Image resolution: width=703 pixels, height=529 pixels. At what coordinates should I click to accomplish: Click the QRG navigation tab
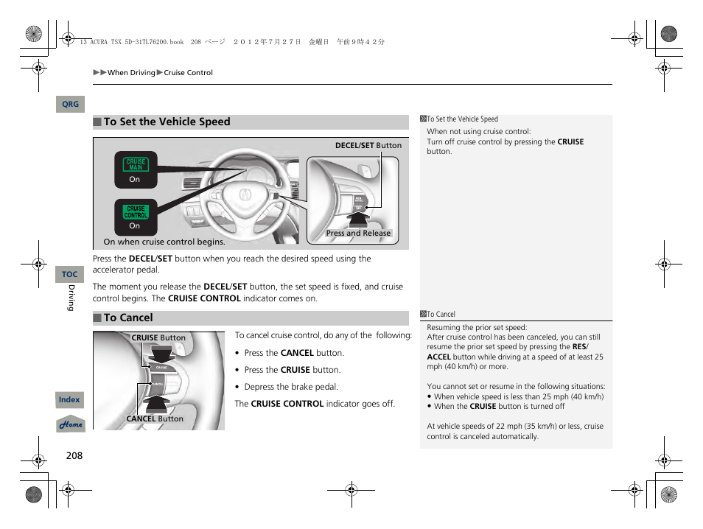(x=70, y=105)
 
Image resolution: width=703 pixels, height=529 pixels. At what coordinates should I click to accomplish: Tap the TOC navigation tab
(x=69, y=274)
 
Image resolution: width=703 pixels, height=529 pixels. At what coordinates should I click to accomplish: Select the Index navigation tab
(x=69, y=400)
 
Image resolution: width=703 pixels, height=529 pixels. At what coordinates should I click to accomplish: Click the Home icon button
(x=71, y=424)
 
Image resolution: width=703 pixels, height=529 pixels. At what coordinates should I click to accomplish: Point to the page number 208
(x=74, y=455)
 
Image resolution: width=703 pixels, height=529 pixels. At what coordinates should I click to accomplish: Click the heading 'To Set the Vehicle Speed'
(x=167, y=122)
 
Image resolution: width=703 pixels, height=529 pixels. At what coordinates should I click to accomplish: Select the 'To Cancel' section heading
(x=128, y=318)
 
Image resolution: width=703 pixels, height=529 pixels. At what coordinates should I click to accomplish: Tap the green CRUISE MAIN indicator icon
(x=136, y=164)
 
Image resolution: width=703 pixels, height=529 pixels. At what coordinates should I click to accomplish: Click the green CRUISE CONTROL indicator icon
(x=136, y=212)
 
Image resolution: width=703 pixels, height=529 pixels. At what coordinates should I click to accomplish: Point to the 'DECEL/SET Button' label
(x=368, y=145)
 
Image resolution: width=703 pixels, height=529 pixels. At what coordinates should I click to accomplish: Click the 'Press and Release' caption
(x=358, y=234)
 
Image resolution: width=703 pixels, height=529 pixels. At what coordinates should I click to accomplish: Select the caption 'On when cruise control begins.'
(x=164, y=242)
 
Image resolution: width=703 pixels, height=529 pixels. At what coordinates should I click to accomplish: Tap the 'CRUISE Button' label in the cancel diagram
(x=158, y=338)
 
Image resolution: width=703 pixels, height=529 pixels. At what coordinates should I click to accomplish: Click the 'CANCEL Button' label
(x=155, y=418)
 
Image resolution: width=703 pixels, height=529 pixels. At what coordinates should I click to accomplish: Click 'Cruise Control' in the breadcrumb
(x=188, y=73)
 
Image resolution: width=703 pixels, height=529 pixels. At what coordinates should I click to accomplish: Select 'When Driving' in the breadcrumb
(x=131, y=73)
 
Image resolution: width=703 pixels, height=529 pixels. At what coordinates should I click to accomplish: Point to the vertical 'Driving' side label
(x=71, y=298)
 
